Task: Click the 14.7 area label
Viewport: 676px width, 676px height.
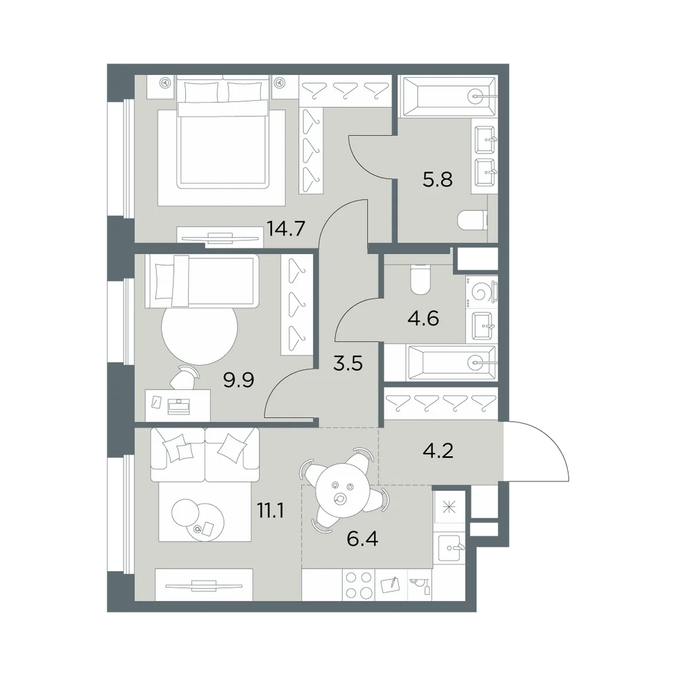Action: (286, 228)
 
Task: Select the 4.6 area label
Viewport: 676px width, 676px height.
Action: (423, 318)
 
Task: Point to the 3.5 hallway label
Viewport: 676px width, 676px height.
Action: (348, 363)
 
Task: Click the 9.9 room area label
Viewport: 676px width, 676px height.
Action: (239, 380)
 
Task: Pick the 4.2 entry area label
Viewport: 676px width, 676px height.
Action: (438, 451)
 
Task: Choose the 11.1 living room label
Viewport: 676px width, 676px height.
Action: (270, 511)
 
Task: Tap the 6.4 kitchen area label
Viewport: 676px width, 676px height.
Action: (362, 539)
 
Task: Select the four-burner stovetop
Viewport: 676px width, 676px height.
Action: (359, 585)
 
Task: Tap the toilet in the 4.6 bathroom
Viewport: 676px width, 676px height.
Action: (420, 280)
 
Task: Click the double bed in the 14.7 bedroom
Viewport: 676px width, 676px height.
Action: (222, 134)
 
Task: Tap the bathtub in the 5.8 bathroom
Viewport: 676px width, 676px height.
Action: (448, 97)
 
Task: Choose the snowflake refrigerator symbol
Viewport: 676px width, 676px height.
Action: (449, 507)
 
